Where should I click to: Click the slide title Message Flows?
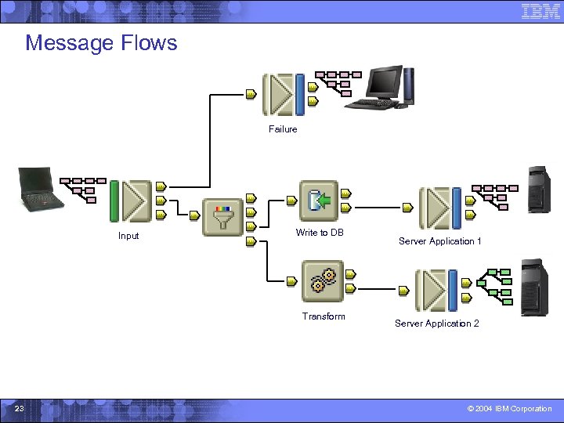(x=101, y=42)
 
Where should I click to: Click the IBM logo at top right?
(x=540, y=11)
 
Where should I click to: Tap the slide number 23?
(x=20, y=409)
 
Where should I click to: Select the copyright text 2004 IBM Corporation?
(x=509, y=409)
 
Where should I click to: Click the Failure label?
(x=283, y=129)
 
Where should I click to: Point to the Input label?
(x=128, y=236)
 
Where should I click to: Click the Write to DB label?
(x=320, y=233)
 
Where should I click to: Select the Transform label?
(x=324, y=316)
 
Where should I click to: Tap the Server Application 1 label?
(x=439, y=241)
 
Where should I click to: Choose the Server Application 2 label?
(x=436, y=324)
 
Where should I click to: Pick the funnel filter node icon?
(x=222, y=217)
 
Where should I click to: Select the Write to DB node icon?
(x=319, y=201)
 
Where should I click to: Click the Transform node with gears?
(x=322, y=282)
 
